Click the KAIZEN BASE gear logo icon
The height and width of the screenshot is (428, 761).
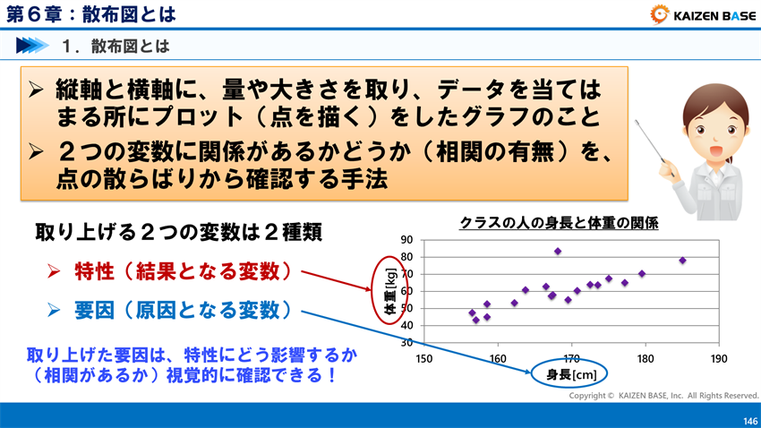pos(661,14)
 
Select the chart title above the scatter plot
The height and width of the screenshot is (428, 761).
pos(559,224)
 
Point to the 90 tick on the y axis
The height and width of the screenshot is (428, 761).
pos(406,240)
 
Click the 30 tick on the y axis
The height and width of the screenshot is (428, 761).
pos(406,342)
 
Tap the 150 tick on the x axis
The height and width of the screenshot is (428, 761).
pos(425,357)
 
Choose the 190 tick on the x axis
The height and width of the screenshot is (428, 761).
pos(718,357)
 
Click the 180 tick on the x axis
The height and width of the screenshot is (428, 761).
pos(645,357)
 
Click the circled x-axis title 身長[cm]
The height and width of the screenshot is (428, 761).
pos(571,374)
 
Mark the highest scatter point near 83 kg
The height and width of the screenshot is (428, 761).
pos(558,252)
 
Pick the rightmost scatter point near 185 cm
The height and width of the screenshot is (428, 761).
pos(682,261)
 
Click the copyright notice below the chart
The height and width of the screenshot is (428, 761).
pos(663,395)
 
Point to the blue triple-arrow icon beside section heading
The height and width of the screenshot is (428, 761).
pos(32,44)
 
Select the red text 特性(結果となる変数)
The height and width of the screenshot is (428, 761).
pos(183,270)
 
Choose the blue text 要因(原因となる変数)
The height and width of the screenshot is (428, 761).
pos(183,311)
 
